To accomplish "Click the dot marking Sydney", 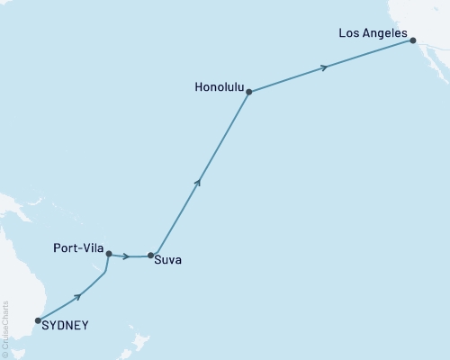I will [38, 319].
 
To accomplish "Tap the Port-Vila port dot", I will [109, 254].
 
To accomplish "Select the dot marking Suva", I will [150, 256].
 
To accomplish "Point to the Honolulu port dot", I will [248, 92].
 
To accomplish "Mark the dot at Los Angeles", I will [412, 40].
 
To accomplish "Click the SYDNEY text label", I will [66, 326].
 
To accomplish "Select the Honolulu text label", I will [218, 87].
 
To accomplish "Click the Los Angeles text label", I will [373, 33].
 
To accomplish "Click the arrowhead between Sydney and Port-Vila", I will [78, 295].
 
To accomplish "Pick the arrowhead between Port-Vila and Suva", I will [126, 256].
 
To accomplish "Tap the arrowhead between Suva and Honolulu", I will [198, 182].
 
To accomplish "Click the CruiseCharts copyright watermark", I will [5, 328].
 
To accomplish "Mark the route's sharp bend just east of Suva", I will [158, 253].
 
